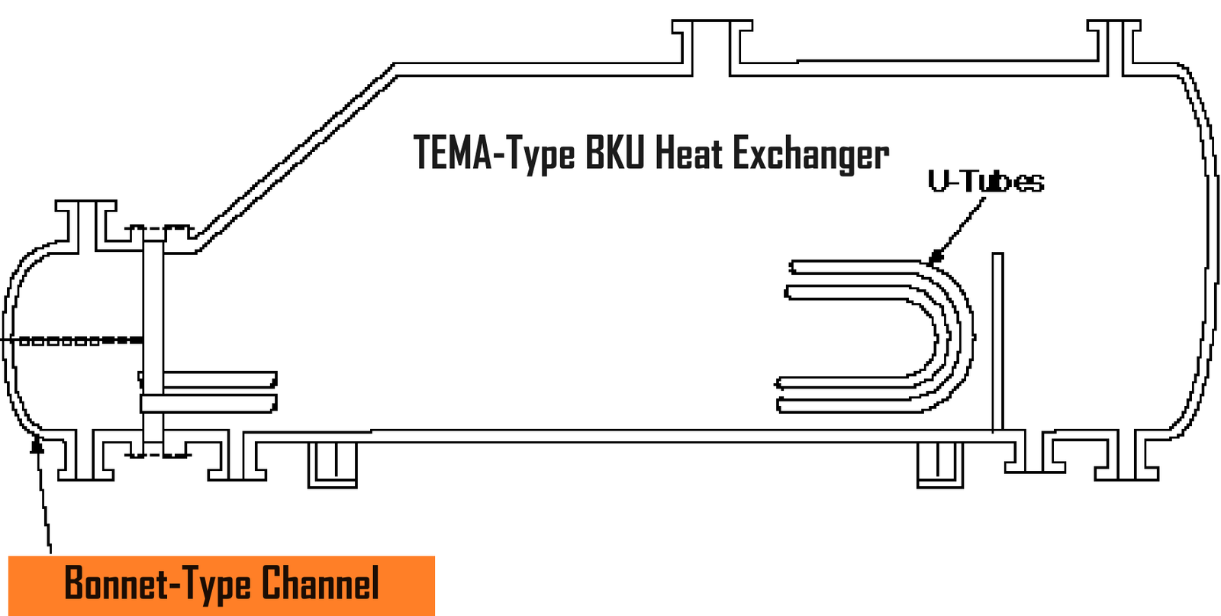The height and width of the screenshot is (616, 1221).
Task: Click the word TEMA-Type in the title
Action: pos(493,153)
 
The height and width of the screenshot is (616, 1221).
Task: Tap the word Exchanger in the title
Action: pos(810,155)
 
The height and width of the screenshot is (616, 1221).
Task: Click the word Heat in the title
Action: pos(689,153)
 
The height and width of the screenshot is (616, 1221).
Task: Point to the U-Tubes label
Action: pos(985,182)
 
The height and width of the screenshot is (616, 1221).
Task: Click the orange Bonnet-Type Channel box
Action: pos(221,585)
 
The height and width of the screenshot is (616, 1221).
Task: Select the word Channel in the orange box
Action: pos(321,585)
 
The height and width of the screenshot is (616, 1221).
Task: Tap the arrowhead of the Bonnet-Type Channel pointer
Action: pos(36,443)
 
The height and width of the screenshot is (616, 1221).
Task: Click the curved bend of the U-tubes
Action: pos(954,336)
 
